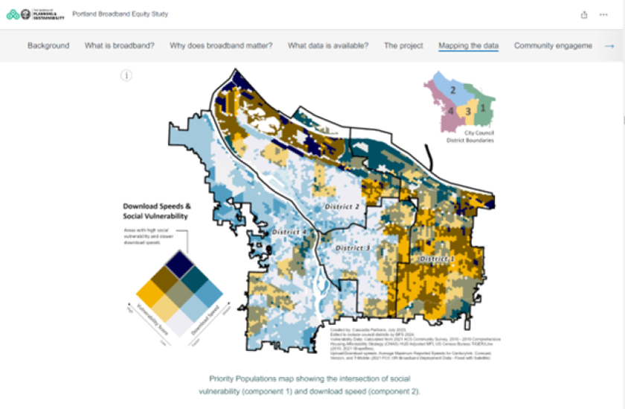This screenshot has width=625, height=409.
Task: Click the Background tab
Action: (48, 45)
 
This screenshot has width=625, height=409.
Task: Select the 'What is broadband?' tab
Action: (119, 45)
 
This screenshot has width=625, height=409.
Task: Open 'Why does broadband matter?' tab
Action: (221, 45)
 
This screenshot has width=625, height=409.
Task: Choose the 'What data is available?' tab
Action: (328, 45)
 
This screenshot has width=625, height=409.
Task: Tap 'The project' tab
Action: (403, 45)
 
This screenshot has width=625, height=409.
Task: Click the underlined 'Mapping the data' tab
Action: (469, 45)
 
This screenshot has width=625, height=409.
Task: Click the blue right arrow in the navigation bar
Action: (609, 45)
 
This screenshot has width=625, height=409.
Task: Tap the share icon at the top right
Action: (585, 14)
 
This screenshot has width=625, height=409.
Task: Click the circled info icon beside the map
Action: (126, 75)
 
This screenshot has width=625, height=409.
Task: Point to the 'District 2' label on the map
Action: (342, 206)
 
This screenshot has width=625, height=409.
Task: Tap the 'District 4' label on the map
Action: (290, 232)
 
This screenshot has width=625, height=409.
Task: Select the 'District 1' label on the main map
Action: (437, 259)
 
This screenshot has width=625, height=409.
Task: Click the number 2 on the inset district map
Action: (452, 90)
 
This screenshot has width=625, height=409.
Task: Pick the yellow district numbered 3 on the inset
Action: (468, 112)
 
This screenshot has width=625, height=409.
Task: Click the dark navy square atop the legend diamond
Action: (179, 263)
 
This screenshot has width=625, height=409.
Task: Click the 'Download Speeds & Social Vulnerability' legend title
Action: (156, 211)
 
